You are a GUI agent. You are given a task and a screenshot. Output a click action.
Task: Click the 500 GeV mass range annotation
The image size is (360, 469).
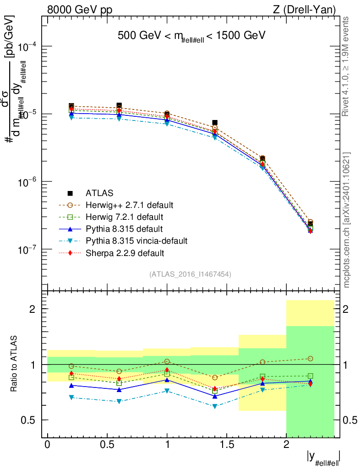pos(191,36)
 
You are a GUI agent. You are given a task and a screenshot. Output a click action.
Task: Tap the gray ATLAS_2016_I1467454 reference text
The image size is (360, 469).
pos(190,274)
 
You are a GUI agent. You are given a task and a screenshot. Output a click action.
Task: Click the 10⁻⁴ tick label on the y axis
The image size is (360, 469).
pos(27,46)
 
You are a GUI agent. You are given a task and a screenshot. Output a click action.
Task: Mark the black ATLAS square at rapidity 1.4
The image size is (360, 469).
pos(215,123)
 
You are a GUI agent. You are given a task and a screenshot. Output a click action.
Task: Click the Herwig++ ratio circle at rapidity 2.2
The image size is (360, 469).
pos(311,359)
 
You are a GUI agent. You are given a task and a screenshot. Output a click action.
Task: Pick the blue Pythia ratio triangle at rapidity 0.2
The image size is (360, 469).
pos(71,386)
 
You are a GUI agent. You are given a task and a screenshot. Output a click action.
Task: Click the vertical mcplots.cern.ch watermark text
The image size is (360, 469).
pos(347,220)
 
